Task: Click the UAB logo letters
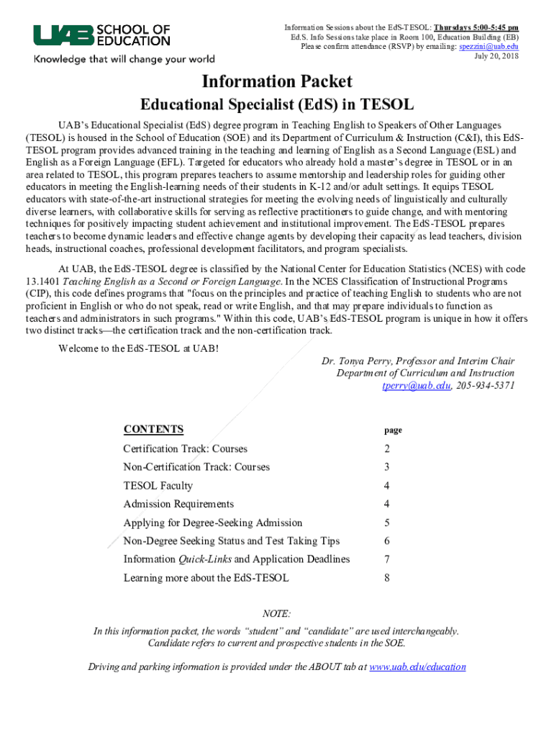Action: pos(63,35)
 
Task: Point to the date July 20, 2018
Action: pos(496,56)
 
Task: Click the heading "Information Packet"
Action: pos(277,81)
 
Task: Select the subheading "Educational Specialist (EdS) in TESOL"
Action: pos(277,105)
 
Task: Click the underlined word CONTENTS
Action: pos(153,430)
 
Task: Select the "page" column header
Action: pos(393,430)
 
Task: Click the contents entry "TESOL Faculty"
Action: pos(158,486)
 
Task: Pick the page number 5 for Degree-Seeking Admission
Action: pos(387,523)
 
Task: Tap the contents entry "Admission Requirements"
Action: pos(178,505)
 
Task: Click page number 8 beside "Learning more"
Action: pos(387,578)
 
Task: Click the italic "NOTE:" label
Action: pos(277,614)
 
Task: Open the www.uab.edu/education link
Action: pos(417,667)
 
